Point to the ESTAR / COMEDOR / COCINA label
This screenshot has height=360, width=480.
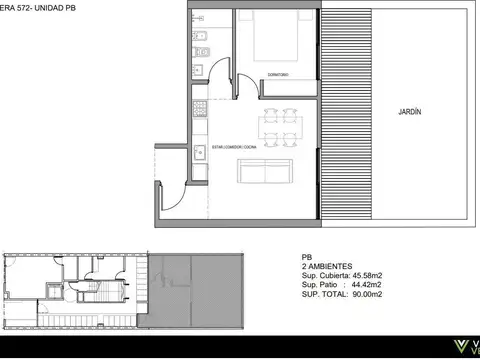[222, 147]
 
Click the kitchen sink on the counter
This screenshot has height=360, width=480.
[198, 69]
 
